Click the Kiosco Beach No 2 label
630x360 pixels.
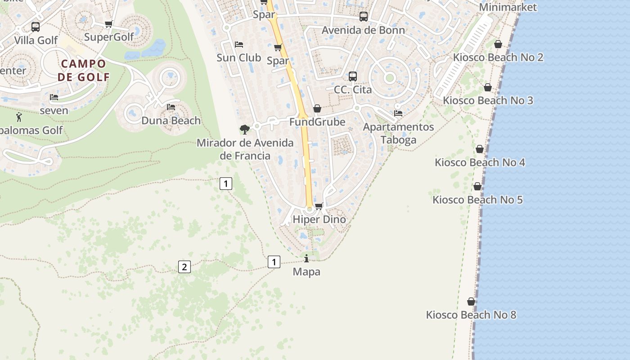pyautogui.click(x=498, y=58)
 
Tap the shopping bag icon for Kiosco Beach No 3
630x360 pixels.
pyautogui.click(x=488, y=87)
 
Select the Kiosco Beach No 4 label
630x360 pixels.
pyautogui.click(x=480, y=162)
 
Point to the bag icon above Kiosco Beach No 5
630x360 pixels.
pyautogui.click(x=477, y=186)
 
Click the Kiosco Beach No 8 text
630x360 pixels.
pyautogui.click(x=471, y=315)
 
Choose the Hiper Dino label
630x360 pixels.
pyautogui.click(x=319, y=220)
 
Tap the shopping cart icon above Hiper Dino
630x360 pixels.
pyautogui.click(x=319, y=206)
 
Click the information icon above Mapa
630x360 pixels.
pyautogui.click(x=306, y=258)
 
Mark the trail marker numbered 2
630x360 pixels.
pyautogui.click(x=184, y=267)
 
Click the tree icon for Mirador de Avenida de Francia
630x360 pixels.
pyautogui.click(x=244, y=130)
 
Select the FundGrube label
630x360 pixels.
pyautogui.click(x=317, y=122)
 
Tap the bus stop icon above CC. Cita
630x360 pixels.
pyautogui.click(x=353, y=76)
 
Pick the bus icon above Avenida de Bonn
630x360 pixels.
pyautogui.click(x=364, y=17)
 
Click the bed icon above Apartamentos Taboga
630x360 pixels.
pyautogui.click(x=398, y=113)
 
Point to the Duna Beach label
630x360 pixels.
pyautogui.click(x=171, y=121)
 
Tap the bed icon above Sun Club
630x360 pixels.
pyautogui.click(x=239, y=44)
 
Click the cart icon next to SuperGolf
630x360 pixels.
pyautogui.click(x=108, y=24)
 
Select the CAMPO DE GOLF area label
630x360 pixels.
pyautogui.click(x=84, y=70)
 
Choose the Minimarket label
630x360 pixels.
pyautogui.click(x=508, y=7)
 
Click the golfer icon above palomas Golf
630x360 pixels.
pyautogui.click(x=19, y=117)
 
